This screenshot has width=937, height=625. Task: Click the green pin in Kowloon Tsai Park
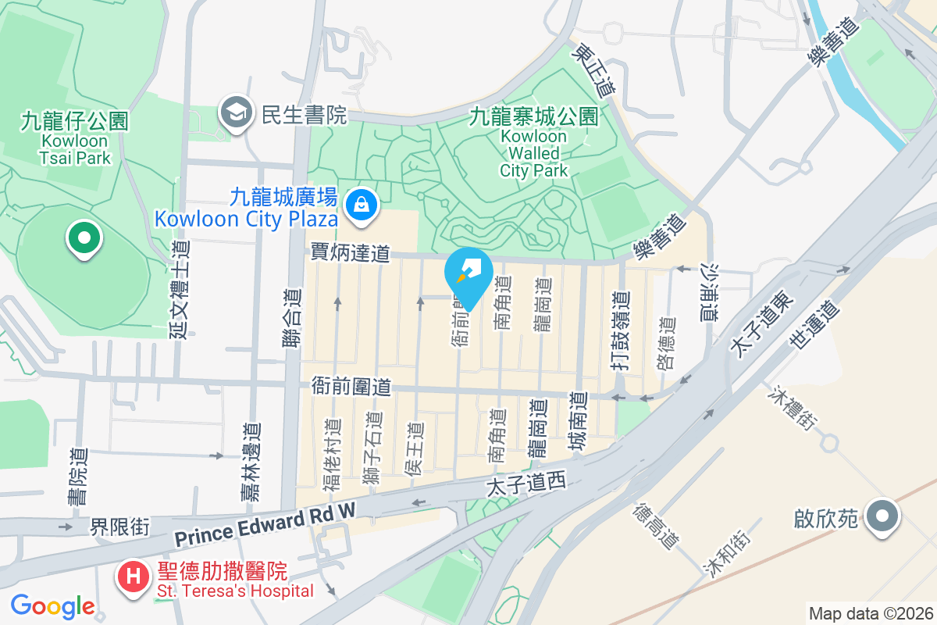pyautogui.click(x=84, y=237)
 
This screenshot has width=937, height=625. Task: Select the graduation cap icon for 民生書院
pyautogui.click(x=234, y=114)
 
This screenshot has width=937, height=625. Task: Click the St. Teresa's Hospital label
pyautogui.click(x=235, y=591)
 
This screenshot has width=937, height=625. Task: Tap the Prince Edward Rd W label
pyautogui.click(x=265, y=527)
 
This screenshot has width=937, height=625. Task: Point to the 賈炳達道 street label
pyautogui.click(x=350, y=252)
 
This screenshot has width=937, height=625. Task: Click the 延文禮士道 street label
pyautogui.click(x=180, y=289)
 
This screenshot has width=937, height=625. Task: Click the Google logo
pyautogui.click(x=52, y=606)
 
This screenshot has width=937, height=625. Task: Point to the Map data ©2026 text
pyautogui.click(x=870, y=613)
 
